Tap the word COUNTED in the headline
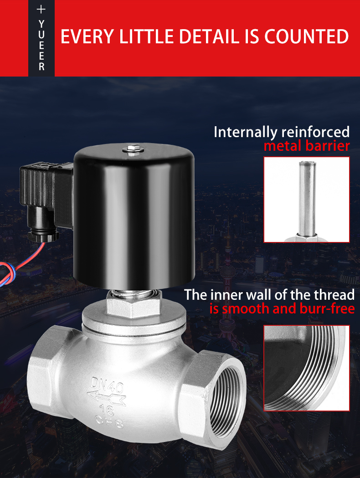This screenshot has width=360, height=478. point(306,36)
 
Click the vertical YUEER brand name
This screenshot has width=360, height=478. point(41,46)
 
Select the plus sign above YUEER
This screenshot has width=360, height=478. point(41,10)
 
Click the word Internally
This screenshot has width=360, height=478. point(245,132)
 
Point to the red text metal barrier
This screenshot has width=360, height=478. point(307,146)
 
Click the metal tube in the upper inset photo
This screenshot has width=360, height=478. point(307,199)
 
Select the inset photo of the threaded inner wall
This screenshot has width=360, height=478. point(307,368)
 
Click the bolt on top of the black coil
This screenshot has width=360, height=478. point(133,149)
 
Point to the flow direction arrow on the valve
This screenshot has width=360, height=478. point(106,397)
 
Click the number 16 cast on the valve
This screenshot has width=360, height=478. point(106,410)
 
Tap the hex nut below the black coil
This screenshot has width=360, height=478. point(134,305)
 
